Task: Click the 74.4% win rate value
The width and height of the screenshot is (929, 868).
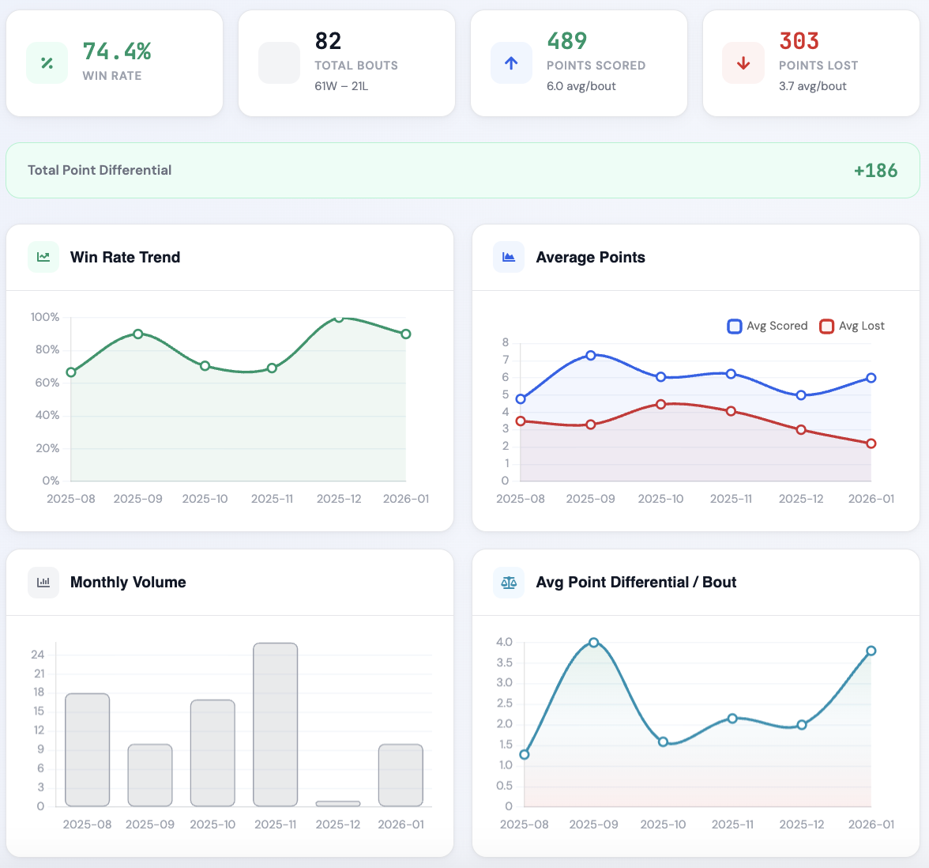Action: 117,51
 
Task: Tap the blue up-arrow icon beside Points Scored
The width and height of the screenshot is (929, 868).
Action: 511,63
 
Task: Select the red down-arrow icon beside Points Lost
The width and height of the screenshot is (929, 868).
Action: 743,63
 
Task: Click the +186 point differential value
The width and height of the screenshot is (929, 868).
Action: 875,170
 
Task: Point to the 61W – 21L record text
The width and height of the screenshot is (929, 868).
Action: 341,86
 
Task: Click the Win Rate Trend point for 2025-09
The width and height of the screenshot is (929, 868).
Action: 138,334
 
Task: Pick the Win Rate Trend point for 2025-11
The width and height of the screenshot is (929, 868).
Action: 272,368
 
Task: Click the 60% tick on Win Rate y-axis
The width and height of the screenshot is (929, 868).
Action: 47,383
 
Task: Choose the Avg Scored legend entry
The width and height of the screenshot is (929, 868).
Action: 767,326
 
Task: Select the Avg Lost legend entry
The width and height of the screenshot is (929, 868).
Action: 852,326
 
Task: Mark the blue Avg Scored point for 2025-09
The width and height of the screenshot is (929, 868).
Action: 591,356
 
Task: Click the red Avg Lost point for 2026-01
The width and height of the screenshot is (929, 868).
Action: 871,443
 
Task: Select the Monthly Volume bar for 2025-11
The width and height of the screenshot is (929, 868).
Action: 276,724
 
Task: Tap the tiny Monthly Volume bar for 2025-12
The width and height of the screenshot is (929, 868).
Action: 338,803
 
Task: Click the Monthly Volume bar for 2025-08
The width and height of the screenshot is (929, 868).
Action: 88,749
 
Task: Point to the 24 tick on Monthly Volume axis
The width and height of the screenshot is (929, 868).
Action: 38,655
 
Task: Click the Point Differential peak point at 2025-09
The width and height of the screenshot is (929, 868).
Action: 594,643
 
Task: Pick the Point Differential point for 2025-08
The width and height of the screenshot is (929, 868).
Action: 525,754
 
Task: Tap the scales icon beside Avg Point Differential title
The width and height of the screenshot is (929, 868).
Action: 509,583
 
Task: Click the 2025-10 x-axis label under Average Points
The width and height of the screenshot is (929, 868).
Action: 660,499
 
